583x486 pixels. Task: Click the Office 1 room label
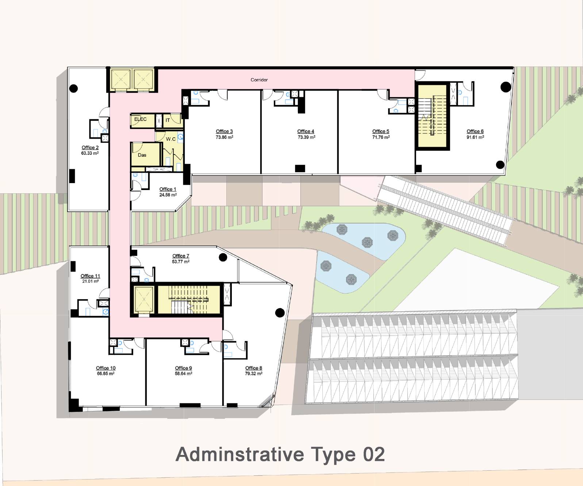168,189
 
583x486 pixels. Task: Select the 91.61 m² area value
475,137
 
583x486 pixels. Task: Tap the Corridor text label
259,80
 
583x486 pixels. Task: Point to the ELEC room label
140,119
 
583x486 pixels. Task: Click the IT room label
168,120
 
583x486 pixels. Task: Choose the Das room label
142,155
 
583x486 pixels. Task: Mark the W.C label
171,139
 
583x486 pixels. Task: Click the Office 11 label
90,276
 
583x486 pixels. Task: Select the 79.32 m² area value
253,374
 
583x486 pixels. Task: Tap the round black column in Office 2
73,88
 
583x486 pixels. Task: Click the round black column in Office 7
223,257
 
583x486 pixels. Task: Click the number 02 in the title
374,454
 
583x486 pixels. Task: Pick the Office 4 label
306,131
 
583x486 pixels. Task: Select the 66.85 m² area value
106,374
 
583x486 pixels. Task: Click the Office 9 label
184,368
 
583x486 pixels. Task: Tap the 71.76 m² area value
381,137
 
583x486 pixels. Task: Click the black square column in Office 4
300,168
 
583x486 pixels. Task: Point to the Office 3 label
224,131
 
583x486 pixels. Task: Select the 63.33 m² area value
90,153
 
